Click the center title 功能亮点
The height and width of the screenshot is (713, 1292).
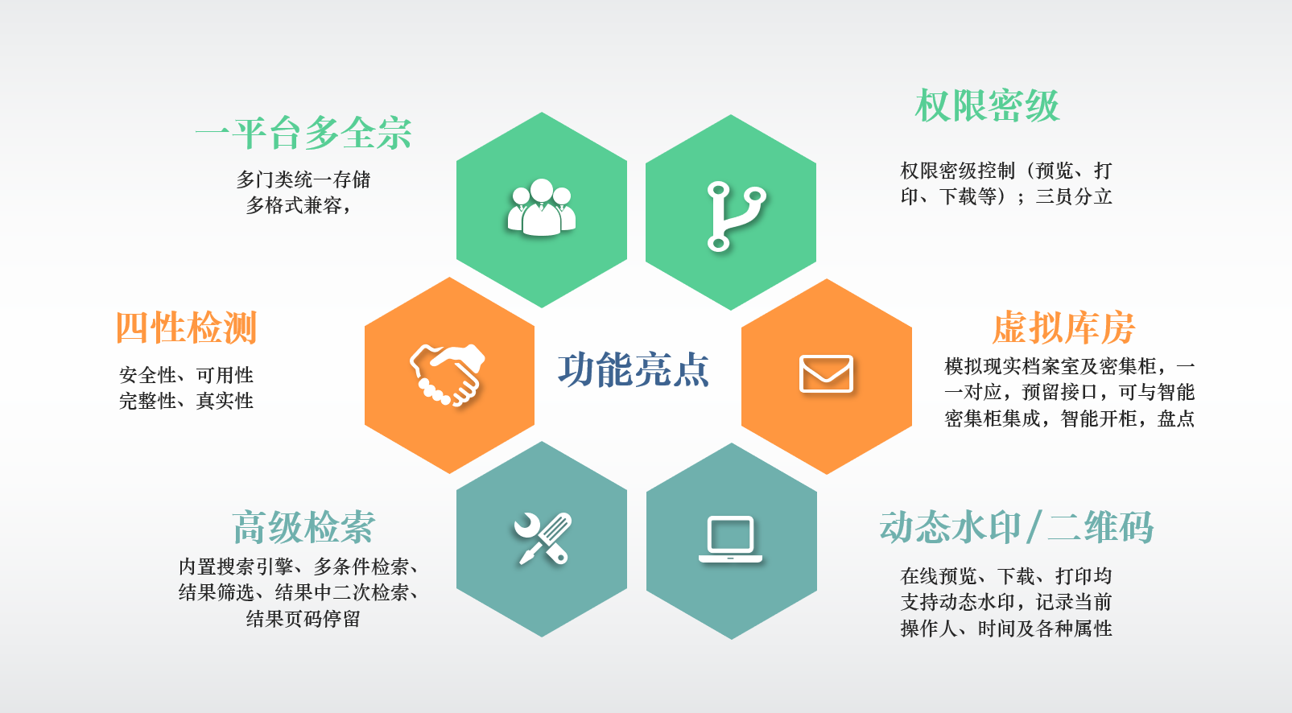(634, 369)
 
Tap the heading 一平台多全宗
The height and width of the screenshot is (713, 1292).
(304, 133)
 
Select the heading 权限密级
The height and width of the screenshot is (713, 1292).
(987, 105)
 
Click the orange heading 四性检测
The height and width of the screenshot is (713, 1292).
(186, 328)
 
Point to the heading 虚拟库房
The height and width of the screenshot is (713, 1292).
(1063, 328)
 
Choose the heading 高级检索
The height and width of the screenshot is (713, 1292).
(303, 527)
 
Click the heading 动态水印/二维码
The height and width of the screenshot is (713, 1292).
(1017, 527)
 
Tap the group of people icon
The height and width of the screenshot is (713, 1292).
(542, 208)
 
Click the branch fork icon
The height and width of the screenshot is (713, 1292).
(733, 216)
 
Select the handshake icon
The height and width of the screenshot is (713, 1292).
(448, 375)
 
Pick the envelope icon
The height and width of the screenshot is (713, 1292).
(826, 374)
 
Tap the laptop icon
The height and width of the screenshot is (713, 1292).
(730, 539)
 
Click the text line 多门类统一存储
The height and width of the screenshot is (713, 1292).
(303, 179)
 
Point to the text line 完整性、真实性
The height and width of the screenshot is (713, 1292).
(186, 401)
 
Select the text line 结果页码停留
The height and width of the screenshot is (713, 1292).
(303, 619)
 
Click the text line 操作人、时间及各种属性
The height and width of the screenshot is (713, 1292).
(1006, 629)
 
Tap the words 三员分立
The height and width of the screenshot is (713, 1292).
(1073, 196)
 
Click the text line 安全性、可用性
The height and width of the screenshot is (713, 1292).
(186, 375)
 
